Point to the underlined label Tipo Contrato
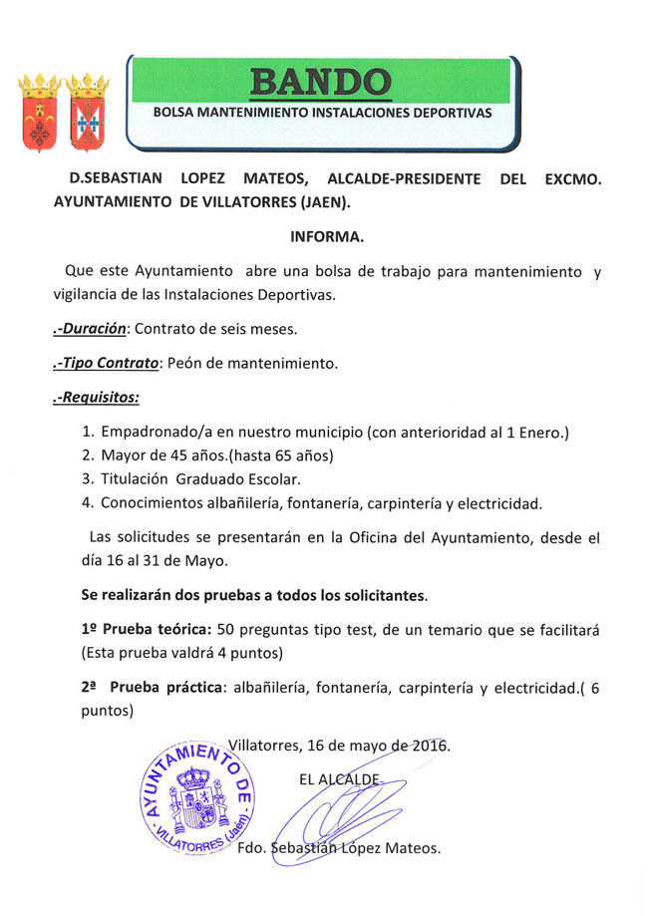click(x=108, y=363)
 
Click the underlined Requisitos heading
click(x=96, y=398)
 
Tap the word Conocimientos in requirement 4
click(x=156, y=501)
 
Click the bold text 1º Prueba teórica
click(x=146, y=631)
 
